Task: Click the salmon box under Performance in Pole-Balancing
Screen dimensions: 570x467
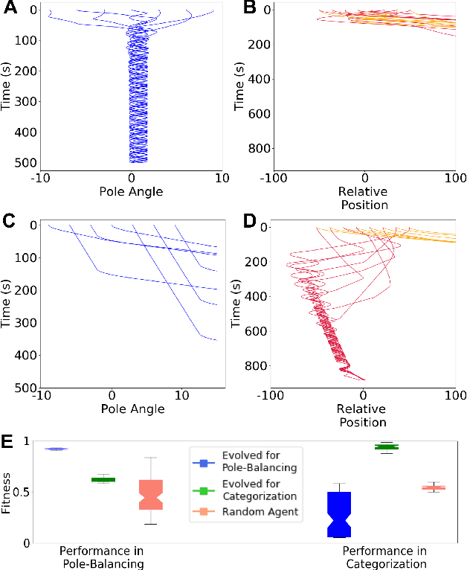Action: tap(151, 494)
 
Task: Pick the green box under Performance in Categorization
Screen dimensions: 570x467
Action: tap(387, 446)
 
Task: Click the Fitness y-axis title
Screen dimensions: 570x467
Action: tap(7, 493)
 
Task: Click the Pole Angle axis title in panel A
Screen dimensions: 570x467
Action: tap(132, 192)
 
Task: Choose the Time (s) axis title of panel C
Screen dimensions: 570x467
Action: tap(7, 304)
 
